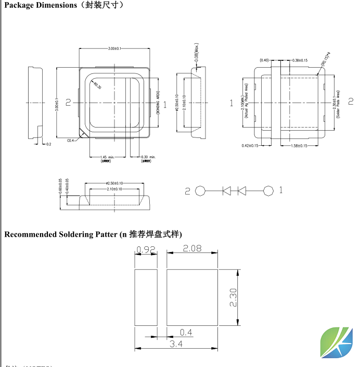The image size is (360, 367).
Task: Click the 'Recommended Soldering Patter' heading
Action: (x=61, y=234)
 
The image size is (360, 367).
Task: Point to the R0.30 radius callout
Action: (x=97, y=86)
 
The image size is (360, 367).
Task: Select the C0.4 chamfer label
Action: (x=71, y=140)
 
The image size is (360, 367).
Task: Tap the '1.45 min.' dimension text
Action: (x=108, y=157)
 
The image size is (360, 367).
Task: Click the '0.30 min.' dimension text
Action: (x=148, y=157)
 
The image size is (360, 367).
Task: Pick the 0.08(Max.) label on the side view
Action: (x=197, y=53)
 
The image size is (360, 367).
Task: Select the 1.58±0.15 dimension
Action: (x=299, y=145)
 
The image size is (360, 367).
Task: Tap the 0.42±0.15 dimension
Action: (x=251, y=145)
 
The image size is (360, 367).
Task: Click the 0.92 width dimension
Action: (x=146, y=250)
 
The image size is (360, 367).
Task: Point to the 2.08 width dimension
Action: (x=192, y=249)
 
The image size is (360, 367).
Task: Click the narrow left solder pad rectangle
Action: (x=146, y=298)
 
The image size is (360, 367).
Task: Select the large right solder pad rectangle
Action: (x=192, y=298)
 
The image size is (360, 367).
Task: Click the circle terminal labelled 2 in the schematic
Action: (x=200, y=191)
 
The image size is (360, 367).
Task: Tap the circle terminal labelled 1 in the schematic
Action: (x=268, y=191)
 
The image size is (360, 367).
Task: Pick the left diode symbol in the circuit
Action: (x=226, y=191)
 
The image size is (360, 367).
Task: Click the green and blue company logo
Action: (x=336, y=341)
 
